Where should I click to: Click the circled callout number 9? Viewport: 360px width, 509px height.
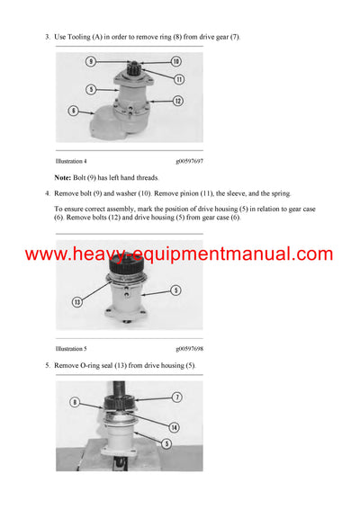tap(91, 61)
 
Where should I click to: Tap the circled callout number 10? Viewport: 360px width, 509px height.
tap(176, 61)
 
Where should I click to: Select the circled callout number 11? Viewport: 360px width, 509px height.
tap(179, 79)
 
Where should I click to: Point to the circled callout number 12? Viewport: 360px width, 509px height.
tap(178, 101)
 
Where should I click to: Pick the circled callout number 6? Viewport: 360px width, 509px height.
tap(72, 112)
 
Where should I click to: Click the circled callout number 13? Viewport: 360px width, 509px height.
tap(78, 302)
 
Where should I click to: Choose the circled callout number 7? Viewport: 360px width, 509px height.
tap(177, 397)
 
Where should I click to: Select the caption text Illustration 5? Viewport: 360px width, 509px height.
tap(76, 345)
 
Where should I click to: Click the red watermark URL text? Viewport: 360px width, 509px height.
tap(179, 254)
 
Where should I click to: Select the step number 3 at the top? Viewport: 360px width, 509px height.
tap(46, 36)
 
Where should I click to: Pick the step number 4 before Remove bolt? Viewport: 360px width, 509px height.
tap(46, 193)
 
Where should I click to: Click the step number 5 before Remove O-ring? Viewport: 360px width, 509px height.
tap(46, 365)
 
